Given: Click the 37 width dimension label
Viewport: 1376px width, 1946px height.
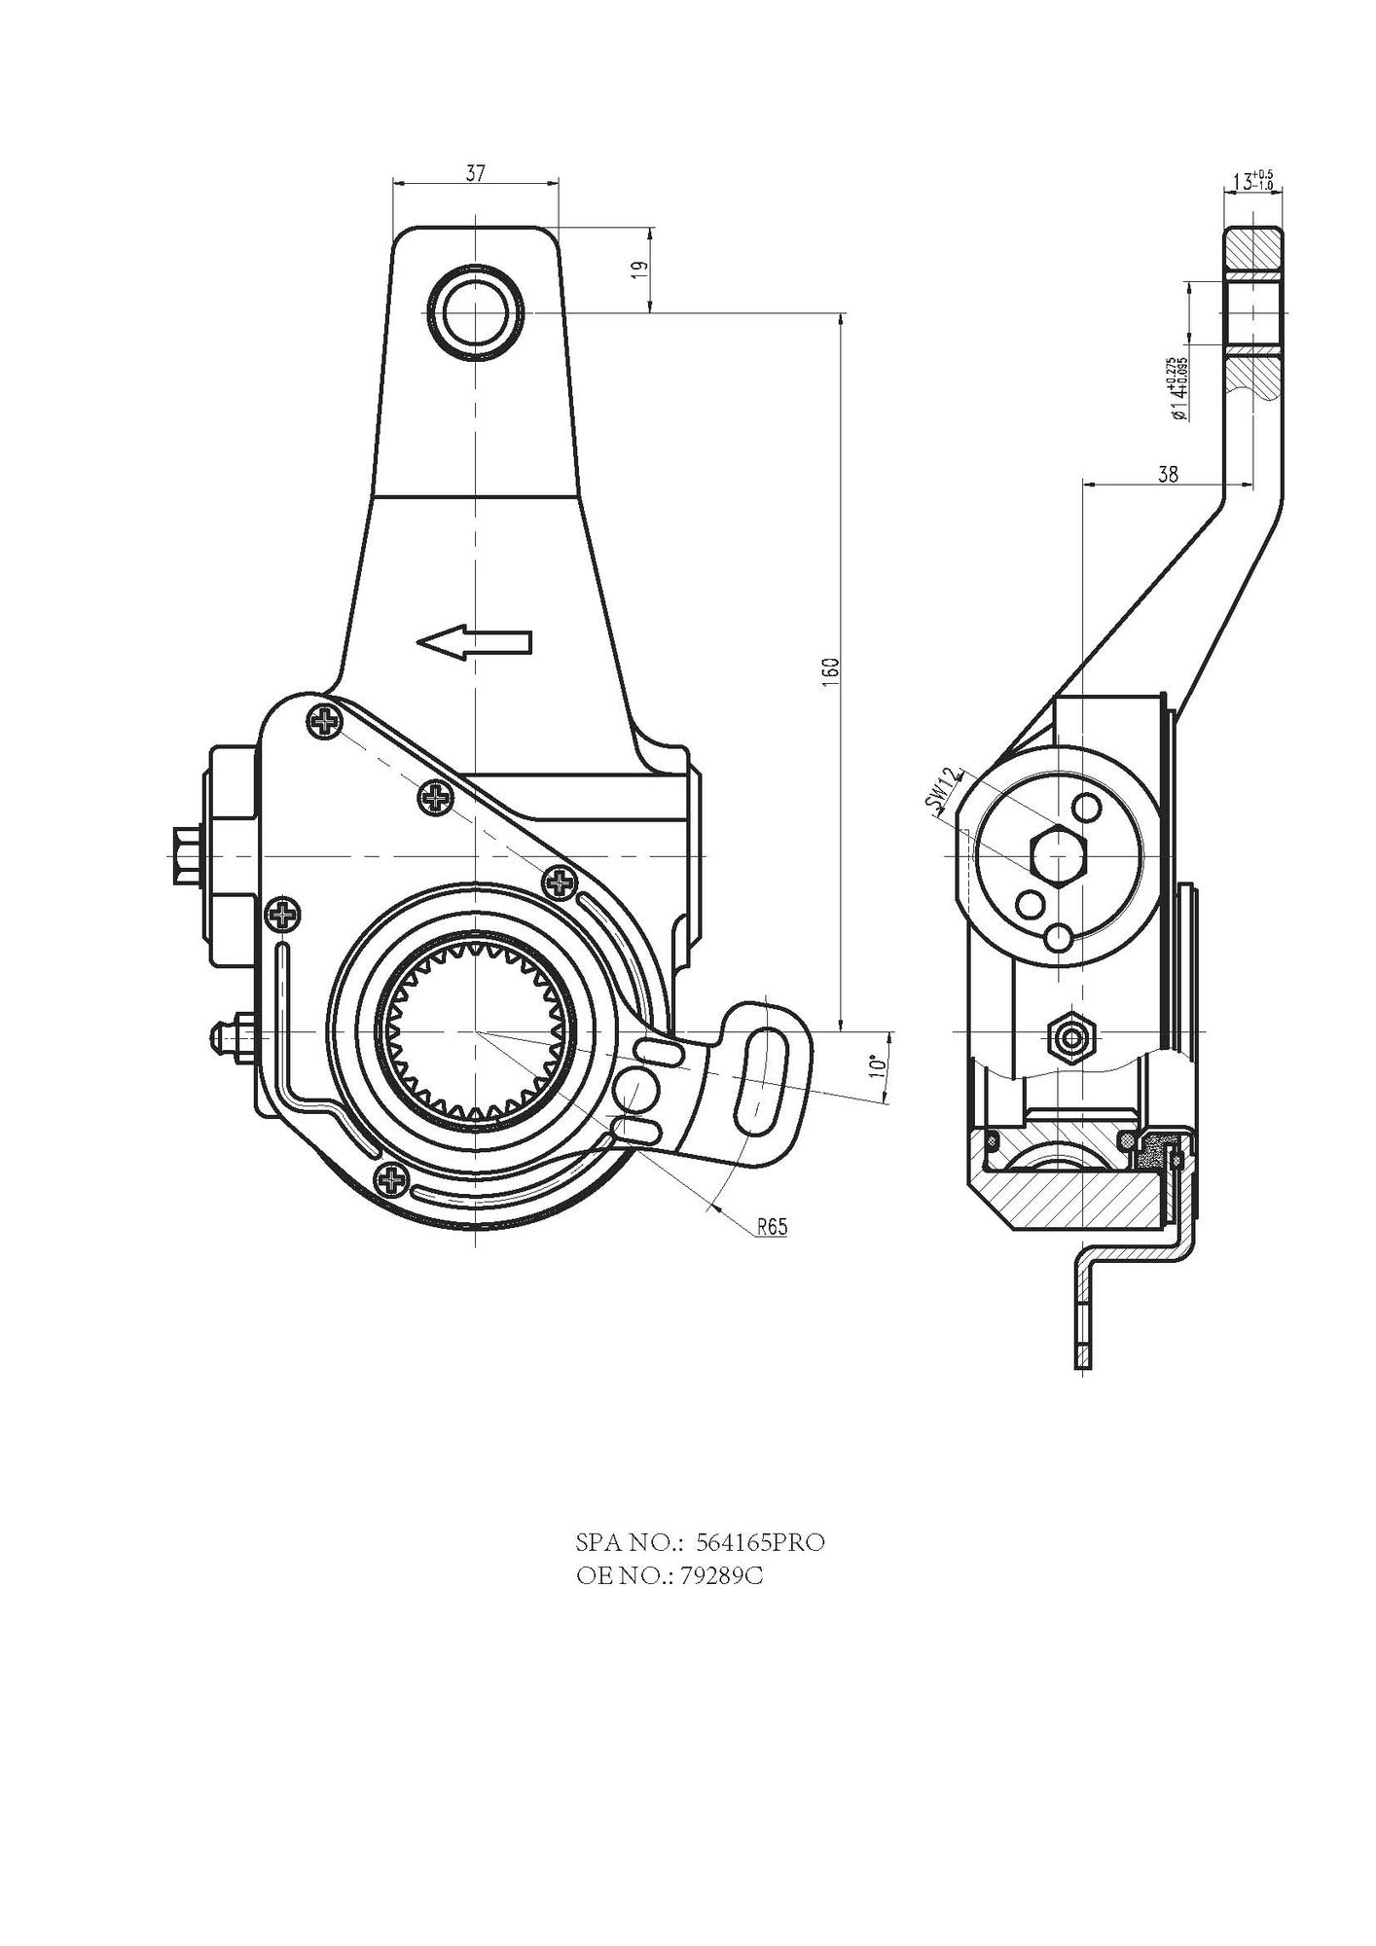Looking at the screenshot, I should [x=475, y=174].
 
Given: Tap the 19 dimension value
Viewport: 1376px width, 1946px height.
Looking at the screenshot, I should [x=638, y=270].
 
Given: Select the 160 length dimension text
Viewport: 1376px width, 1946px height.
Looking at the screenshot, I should [x=830, y=671].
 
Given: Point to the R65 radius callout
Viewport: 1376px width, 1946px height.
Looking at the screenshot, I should [x=771, y=1227].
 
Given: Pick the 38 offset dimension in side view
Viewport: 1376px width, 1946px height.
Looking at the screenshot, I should [x=1169, y=474].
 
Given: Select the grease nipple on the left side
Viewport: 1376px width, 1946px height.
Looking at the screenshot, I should [x=226, y=1034].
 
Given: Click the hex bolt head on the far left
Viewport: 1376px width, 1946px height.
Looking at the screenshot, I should [x=183, y=855].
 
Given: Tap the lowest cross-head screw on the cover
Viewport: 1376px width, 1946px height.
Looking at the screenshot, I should [x=392, y=1180].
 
